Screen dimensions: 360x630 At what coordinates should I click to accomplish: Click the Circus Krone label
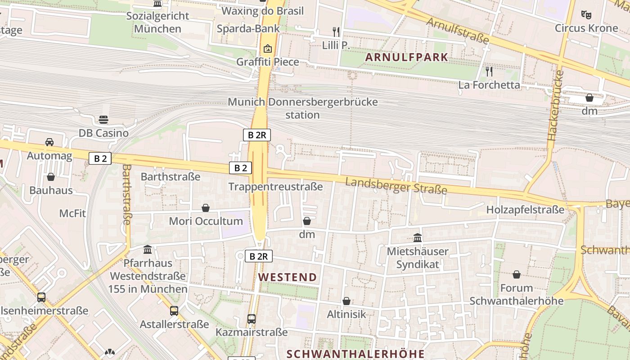tap(586, 28)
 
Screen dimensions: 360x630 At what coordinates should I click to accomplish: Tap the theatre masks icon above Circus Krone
tap(586, 15)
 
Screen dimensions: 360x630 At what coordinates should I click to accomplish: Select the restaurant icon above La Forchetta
tap(489, 72)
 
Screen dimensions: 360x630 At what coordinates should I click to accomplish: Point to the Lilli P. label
tap(336, 45)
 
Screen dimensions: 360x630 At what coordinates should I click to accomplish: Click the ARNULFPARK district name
tap(407, 57)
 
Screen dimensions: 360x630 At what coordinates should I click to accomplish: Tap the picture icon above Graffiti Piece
tap(268, 48)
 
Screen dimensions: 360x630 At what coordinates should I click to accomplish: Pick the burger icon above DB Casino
tap(103, 120)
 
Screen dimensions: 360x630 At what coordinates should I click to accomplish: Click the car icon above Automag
tap(49, 142)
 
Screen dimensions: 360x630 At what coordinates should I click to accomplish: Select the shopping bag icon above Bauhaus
tap(51, 177)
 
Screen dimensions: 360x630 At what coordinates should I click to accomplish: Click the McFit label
tap(72, 213)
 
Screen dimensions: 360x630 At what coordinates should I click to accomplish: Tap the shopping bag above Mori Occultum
tap(206, 208)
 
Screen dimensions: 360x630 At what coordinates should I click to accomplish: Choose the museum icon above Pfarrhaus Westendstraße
tap(148, 249)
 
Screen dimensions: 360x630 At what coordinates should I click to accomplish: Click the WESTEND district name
tap(288, 277)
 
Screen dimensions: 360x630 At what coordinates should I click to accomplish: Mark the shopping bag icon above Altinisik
tap(346, 301)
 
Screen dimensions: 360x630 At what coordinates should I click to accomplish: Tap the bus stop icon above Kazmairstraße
tap(252, 319)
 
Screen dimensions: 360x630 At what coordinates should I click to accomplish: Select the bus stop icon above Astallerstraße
tap(174, 310)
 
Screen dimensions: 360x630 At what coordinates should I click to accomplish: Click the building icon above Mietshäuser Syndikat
tap(418, 238)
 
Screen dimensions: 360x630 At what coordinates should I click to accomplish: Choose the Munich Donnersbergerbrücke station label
tap(303, 108)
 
